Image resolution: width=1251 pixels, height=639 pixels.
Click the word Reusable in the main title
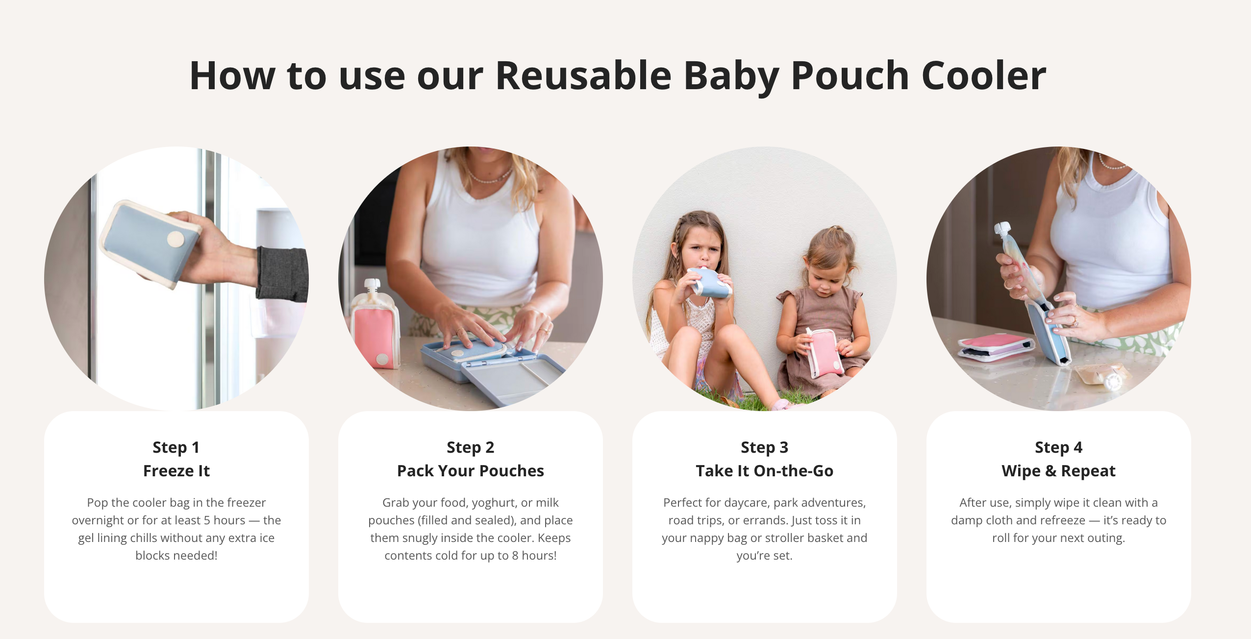[x=583, y=75]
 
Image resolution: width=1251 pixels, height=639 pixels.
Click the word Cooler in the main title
[x=984, y=75]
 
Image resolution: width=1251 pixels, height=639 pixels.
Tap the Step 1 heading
[x=176, y=447]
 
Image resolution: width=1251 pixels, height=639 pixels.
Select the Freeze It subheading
[x=176, y=471]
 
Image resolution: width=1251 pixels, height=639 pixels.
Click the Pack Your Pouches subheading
[x=470, y=471]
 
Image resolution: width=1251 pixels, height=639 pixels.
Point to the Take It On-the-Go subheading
[x=764, y=471]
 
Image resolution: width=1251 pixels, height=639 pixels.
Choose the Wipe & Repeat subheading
[x=1058, y=471]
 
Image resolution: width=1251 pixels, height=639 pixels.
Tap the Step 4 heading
[x=1058, y=447]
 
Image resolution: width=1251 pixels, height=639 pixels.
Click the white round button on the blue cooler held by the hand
[x=176, y=240]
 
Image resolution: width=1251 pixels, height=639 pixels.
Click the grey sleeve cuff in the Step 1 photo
[x=282, y=272]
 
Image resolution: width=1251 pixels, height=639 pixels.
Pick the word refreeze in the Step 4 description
[x=1061, y=520]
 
